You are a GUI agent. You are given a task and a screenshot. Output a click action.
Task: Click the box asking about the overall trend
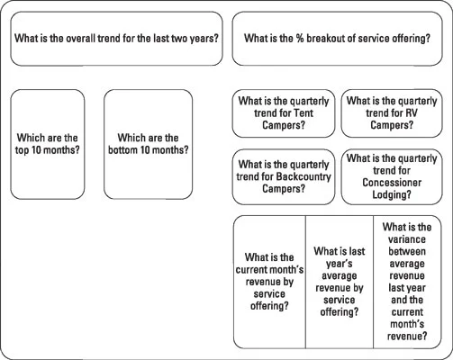[116, 39]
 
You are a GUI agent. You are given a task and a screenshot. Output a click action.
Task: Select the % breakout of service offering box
[337, 39]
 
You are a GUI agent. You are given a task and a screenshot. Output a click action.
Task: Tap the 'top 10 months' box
[48, 144]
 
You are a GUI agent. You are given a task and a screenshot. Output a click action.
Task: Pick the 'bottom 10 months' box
[149, 144]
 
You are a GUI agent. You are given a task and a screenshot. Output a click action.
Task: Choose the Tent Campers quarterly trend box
[284, 113]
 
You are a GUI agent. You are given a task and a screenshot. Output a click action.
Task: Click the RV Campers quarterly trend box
[392, 113]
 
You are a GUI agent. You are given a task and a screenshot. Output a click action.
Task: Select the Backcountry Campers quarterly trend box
[284, 177]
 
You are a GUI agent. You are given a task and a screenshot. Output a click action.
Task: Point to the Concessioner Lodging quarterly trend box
[392, 177]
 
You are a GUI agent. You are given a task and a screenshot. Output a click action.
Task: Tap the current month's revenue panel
[269, 282]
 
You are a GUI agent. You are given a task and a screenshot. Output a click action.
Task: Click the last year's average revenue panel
[340, 282]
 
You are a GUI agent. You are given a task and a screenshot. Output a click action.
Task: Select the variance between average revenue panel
[407, 282]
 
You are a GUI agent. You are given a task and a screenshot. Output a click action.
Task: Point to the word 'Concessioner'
[392, 183]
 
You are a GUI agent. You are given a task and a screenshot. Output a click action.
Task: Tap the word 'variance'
[407, 239]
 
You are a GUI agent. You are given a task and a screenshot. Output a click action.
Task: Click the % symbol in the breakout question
[300, 39]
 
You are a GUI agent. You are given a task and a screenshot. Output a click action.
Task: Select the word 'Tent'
[304, 113]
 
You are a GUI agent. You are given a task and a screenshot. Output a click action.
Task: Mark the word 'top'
[22, 150]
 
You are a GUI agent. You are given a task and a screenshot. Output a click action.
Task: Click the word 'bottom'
[122, 149]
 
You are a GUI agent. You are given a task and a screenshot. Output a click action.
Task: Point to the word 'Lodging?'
[392, 194]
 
